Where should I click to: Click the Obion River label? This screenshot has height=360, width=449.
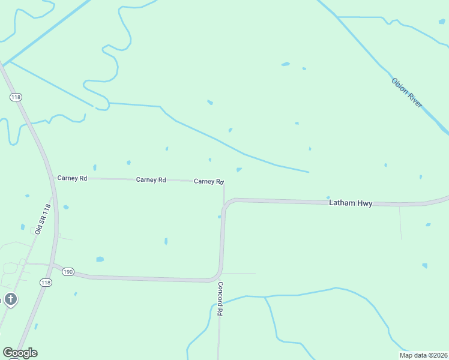[x=407, y=92]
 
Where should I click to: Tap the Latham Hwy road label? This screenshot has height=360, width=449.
[x=351, y=203]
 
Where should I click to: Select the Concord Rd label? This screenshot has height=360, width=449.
[x=220, y=299]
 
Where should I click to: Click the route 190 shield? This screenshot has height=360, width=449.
[x=67, y=272]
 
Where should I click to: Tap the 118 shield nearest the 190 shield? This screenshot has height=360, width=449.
[x=46, y=282]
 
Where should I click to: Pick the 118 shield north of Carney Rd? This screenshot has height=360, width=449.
[x=16, y=97]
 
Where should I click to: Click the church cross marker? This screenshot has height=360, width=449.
[x=10, y=298]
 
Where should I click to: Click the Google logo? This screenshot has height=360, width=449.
[x=20, y=353]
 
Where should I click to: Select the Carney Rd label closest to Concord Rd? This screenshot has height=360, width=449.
[x=209, y=181]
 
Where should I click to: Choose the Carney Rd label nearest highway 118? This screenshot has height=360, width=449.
[x=72, y=178]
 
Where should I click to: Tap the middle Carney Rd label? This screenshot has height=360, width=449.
[x=151, y=179]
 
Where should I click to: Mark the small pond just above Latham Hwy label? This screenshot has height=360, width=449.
[x=328, y=197]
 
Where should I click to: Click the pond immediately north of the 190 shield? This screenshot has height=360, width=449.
[x=100, y=259]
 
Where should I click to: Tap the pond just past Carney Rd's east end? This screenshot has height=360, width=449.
[x=239, y=170]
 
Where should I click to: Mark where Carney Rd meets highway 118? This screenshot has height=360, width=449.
[x=52, y=178]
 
